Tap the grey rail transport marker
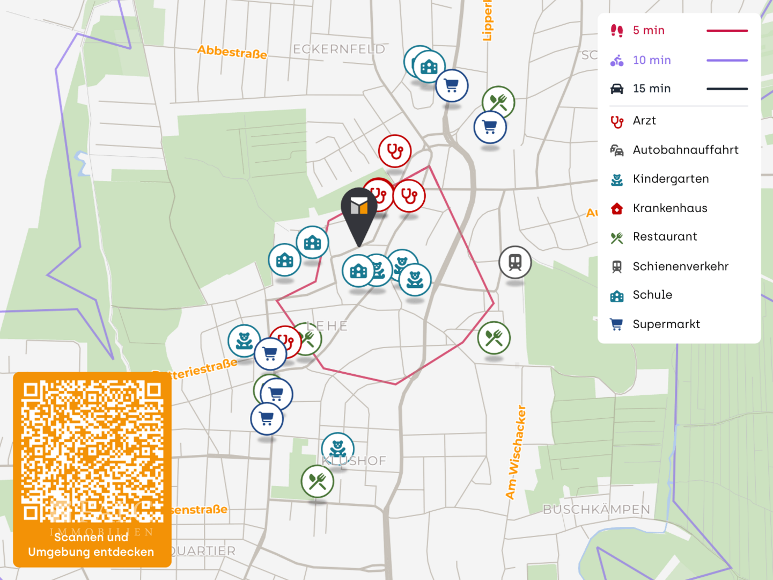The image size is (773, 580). point(515,262)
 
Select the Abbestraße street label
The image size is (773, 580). point(232,52)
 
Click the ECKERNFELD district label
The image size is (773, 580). point(339,49)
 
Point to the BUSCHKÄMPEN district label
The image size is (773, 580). point(596,509)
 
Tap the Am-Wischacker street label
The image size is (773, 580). point(516,452)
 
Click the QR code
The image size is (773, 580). point(92,451)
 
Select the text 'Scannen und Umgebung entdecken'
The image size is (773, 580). point(91,545)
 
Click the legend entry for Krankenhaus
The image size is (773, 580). point(669,208)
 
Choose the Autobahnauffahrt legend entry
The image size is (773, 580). point(685,150)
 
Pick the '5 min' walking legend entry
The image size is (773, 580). point(648,31)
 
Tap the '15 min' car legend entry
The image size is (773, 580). point(651,89)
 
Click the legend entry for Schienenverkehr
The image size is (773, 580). point(680,266)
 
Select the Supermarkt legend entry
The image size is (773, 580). point(666,324)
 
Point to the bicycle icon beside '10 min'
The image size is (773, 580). point(617,60)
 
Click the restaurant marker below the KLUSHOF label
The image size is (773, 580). point(318,481)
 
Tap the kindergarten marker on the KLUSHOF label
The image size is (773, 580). point(337,447)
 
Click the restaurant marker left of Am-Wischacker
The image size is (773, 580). point(494,337)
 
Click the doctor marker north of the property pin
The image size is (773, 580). point(395,151)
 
